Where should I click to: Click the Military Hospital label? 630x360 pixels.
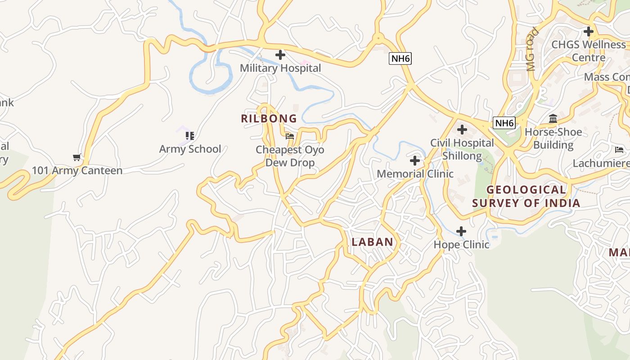point(280,68)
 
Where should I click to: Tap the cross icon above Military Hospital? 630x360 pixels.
point(280,55)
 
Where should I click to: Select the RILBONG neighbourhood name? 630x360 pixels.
point(269,119)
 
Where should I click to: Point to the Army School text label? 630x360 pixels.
point(190,149)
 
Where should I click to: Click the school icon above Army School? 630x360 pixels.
point(190,135)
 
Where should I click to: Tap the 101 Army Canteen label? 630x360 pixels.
point(77,171)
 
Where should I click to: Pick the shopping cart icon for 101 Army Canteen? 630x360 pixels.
point(77,157)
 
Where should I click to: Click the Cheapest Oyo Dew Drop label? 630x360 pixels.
point(290,156)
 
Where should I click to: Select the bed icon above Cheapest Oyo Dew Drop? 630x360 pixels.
point(290,136)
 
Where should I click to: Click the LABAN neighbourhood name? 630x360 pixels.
point(373,242)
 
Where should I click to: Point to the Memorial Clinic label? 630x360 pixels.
point(415,174)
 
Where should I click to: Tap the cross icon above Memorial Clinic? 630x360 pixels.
point(415,161)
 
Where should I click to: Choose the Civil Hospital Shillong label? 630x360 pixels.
point(462,149)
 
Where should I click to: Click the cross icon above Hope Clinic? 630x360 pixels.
point(461,231)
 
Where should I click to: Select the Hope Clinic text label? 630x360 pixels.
point(461,245)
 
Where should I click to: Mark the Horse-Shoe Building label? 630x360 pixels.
point(553,139)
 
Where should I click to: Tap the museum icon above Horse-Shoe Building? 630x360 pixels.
point(553,119)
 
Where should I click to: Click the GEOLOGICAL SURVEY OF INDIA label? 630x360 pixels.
point(526,196)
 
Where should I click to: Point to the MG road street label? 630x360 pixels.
point(532,49)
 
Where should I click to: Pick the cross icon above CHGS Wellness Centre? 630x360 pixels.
point(588,31)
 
